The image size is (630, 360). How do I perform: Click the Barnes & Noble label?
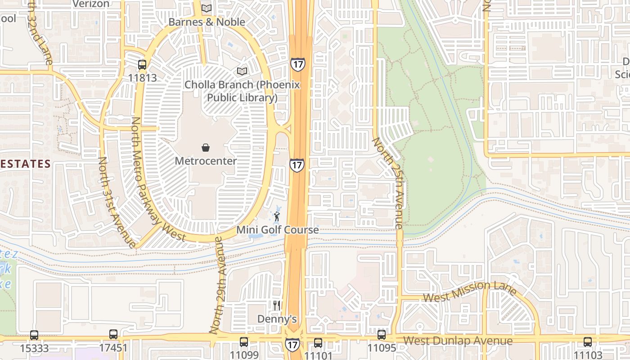[x=207, y=22]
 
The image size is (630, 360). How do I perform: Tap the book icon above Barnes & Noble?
[x=207, y=8]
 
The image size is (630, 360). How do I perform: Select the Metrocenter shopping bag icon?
[x=206, y=148]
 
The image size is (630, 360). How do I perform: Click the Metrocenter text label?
[x=206, y=161]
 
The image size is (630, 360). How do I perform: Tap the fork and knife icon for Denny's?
[x=277, y=306]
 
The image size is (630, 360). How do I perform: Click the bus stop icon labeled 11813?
[x=142, y=64]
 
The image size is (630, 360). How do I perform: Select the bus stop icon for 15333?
[x=34, y=335]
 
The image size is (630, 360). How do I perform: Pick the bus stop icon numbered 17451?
[x=113, y=334]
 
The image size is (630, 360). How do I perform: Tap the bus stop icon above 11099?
[x=244, y=342]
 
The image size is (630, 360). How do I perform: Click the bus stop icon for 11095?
[x=382, y=334]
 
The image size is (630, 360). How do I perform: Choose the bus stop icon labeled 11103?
[x=588, y=342]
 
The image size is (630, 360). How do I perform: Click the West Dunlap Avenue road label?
[x=458, y=341]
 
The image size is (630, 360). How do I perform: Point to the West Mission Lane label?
[x=470, y=292]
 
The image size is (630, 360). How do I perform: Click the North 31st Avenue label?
[x=117, y=202]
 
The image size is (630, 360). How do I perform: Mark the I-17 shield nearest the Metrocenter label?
[x=297, y=165]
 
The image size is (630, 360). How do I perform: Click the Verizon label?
[x=91, y=4]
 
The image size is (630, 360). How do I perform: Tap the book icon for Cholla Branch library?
[x=242, y=71]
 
